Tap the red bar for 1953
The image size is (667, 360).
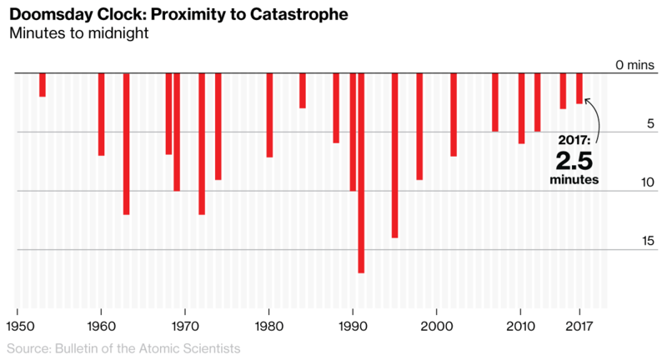[x=43, y=85]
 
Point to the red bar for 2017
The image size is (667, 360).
[x=579, y=88]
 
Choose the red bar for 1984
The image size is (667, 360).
[x=303, y=91]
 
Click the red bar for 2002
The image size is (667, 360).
[x=454, y=114]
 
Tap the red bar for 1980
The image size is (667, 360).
[x=269, y=115]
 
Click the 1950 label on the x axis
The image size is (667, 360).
[x=18, y=326]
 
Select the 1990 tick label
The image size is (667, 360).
[x=353, y=326]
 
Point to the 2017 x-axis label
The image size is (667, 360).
[x=579, y=326]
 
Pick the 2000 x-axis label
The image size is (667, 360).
[x=436, y=326]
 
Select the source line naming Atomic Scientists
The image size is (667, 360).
[x=123, y=347]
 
